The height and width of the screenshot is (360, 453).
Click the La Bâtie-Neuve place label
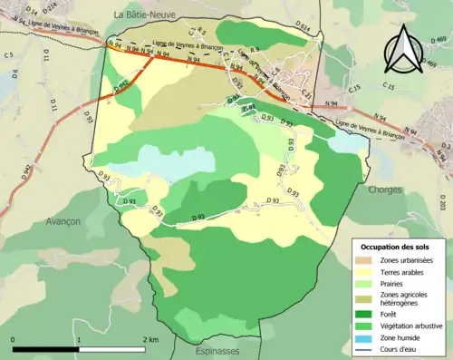pos(144,15)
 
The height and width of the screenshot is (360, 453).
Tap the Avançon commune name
pos(62,221)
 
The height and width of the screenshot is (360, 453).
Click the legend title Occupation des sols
pos(397,247)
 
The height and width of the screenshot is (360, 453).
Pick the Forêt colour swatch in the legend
pos(364,316)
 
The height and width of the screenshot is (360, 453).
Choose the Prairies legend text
pos(394,284)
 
